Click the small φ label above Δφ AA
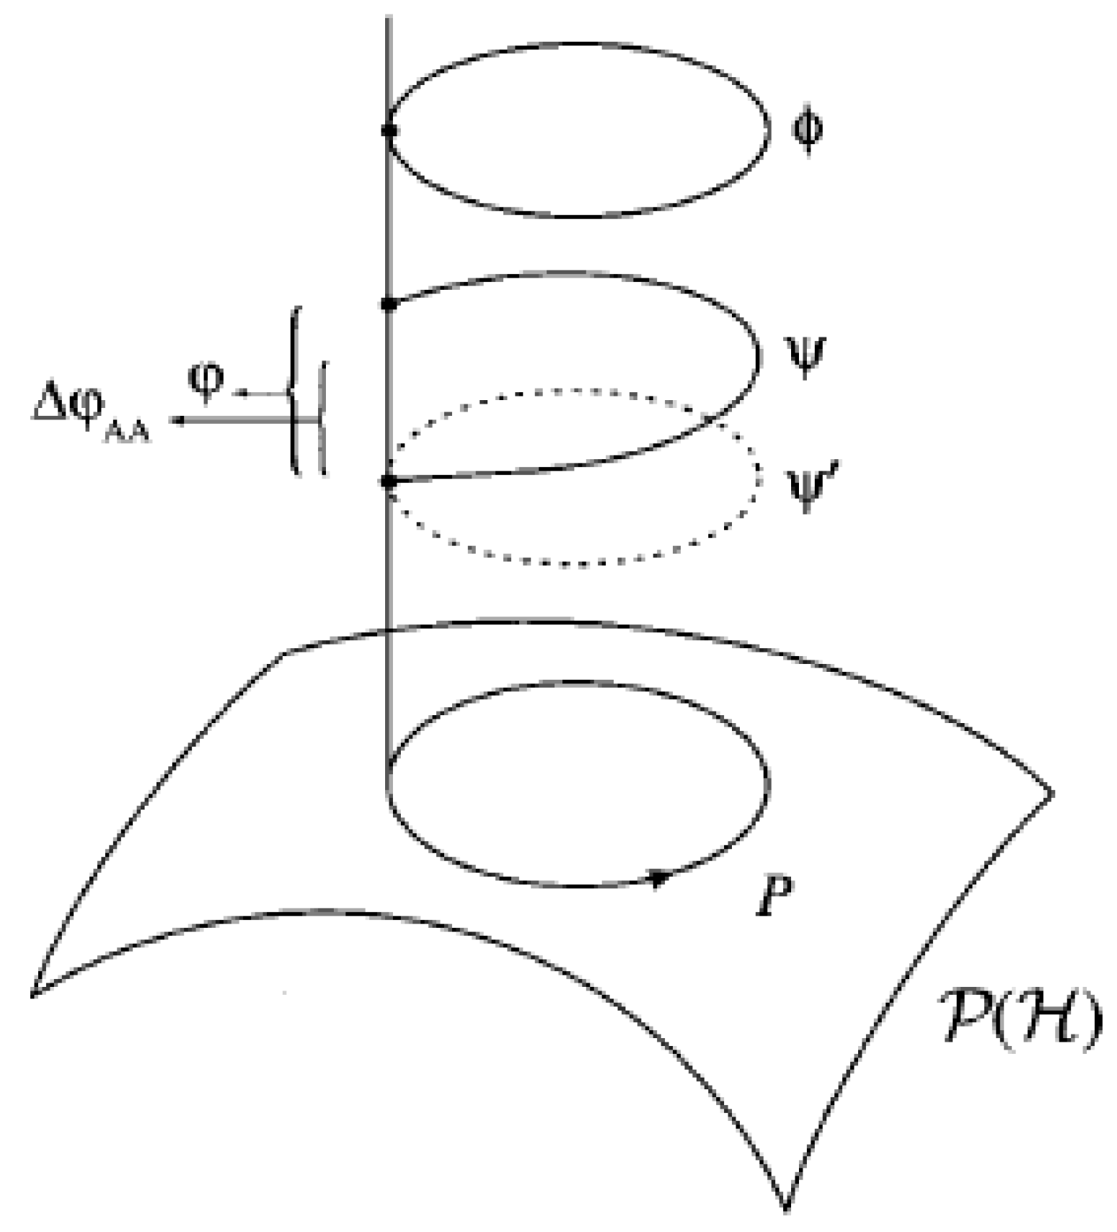click(206, 381)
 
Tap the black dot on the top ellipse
click(389, 130)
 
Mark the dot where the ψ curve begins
click(389, 303)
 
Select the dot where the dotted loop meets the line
click(389, 481)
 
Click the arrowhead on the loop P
click(658, 878)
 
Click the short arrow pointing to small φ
click(245, 394)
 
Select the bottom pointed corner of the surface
click(787, 1205)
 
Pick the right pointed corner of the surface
click(1052, 793)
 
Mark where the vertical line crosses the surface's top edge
click(389, 630)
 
